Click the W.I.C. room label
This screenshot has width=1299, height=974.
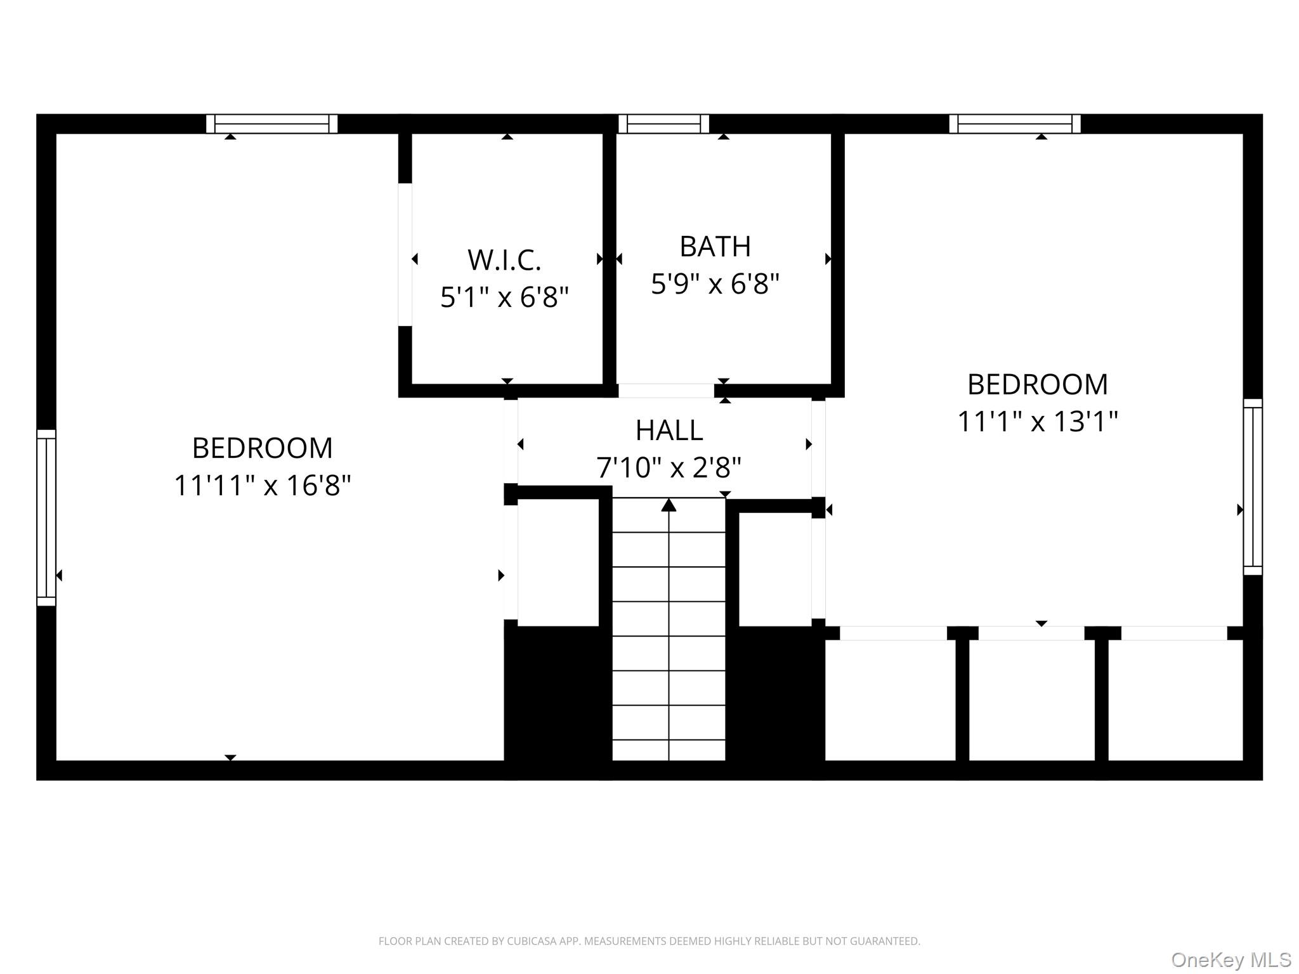coord(504,259)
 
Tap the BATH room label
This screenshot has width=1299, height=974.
coord(715,246)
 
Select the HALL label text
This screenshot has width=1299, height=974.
coord(669,431)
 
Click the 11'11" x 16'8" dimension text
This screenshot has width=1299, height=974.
coord(262,486)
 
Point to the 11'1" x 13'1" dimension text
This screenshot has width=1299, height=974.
coord(1038,421)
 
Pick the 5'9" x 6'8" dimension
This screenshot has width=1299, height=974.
coord(715,283)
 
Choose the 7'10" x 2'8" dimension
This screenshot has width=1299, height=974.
coord(669,468)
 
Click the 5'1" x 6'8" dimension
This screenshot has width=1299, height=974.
coord(504,297)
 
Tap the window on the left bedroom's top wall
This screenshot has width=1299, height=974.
coord(271,124)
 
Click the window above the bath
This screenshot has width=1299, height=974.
coord(663,124)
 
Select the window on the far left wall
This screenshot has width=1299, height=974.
coord(46,517)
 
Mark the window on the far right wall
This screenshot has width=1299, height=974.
coord(1253,487)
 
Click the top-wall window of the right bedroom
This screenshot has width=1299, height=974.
coord(1015,124)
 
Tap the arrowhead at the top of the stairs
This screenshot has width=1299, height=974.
coord(669,505)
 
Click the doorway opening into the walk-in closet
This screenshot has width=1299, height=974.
coord(405,254)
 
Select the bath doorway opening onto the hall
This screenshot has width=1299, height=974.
coord(666,391)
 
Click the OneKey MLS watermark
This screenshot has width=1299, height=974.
coord(1231,960)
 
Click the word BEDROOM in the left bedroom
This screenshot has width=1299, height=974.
coord(262,448)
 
